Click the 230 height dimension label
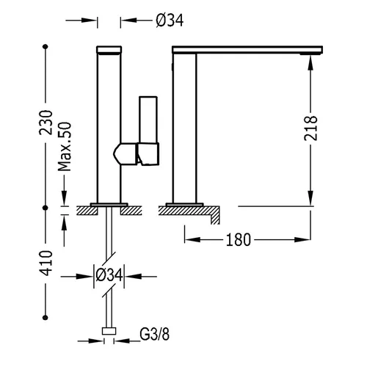46,123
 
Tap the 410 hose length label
46,264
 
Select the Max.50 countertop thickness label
65,147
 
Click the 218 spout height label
310,128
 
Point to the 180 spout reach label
239,240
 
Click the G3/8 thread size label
155,334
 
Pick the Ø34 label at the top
170,21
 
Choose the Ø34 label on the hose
109,275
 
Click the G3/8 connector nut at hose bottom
109,331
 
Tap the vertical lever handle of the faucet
148,120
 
